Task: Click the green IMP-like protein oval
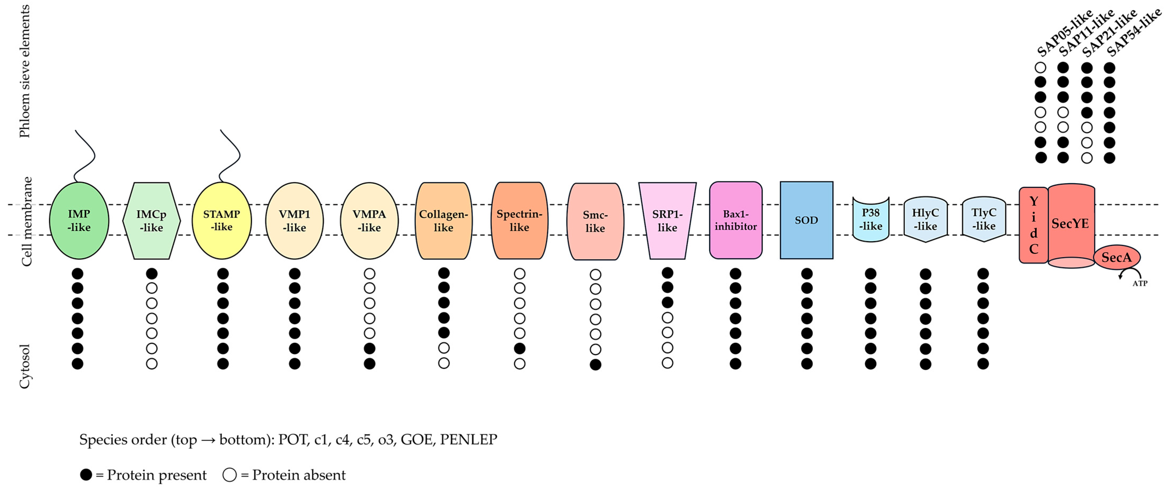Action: point(79,221)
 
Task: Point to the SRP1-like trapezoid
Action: point(667,221)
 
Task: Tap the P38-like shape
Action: point(871,220)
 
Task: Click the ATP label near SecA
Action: point(1140,284)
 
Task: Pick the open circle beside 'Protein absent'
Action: point(230,475)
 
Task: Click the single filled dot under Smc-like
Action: point(595,365)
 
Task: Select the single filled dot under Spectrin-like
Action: point(520,348)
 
